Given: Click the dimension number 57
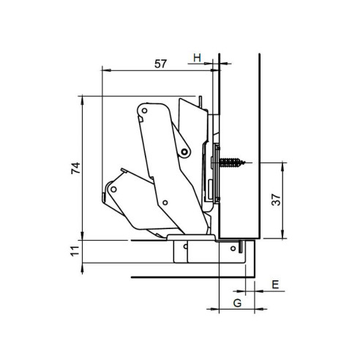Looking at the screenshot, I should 161,64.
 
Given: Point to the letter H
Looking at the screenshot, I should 197,56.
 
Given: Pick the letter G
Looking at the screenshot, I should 238,301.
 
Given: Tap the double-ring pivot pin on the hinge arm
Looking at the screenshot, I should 185,151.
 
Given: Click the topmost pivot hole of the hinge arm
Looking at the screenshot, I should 145,111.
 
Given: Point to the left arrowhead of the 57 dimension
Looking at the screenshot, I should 103,71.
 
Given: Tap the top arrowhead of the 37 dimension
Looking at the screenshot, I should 281,162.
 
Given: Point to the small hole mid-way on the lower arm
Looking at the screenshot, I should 166,203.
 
